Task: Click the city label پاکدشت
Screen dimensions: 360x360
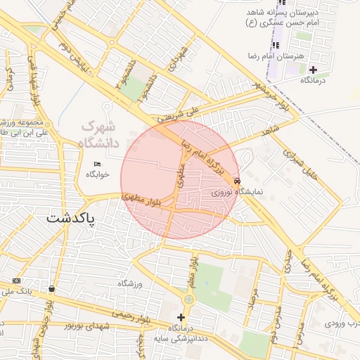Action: (x=70, y=219)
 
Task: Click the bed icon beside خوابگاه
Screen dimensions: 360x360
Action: (x=97, y=164)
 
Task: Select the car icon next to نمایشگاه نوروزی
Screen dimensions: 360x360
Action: (x=235, y=180)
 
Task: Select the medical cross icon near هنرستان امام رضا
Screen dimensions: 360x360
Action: (x=313, y=69)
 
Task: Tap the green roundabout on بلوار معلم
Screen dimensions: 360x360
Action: (x=187, y=300)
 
